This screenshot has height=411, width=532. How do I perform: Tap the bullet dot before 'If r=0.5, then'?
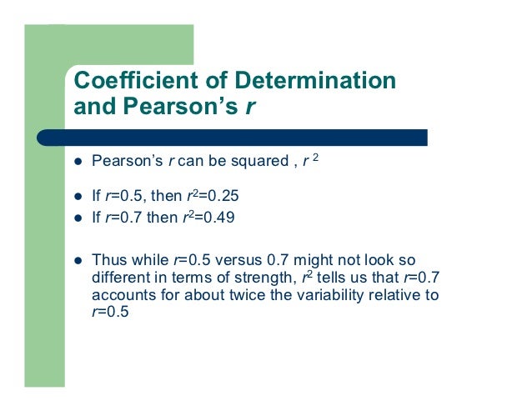(77, 198)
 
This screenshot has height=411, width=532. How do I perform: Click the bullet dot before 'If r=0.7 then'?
(77, 218)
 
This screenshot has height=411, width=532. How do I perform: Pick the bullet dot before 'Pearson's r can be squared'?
(77, 161)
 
